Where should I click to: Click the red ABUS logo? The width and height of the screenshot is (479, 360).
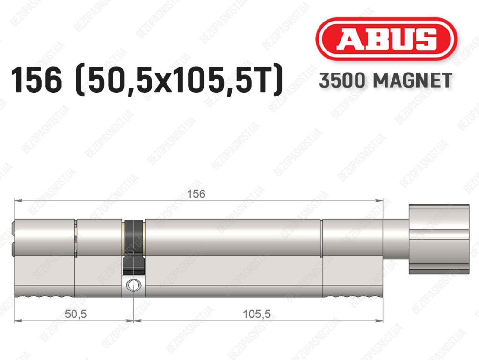pyautogui.click(x=386, y=39)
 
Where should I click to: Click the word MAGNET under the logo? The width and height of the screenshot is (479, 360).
pyautogui.click(x=413, y=81)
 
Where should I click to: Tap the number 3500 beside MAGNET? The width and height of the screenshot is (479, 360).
pyautogui.click(x=342, y=81)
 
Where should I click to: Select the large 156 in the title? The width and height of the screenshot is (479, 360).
pyautogui.click(x=36, y=80)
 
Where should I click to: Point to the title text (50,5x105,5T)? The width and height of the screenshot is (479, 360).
pyautogui.click(x=179, y=80)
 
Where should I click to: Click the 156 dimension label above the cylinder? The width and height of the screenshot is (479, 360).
pyautogui.click(x=196, y=194)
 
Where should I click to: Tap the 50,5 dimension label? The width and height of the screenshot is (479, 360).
pyautogui.click(x=76, y=314)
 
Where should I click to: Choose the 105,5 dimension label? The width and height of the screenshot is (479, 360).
pyautogui.click(x=257, y=314)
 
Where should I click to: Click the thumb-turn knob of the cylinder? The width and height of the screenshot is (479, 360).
pyautogui.click(x=439, y=239)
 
